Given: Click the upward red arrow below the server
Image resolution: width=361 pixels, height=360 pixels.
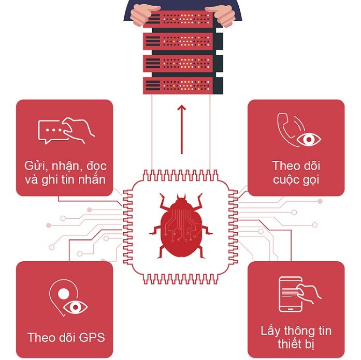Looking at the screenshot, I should coord(181,129).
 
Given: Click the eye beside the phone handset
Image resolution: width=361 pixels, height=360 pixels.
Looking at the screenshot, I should coord(309,139).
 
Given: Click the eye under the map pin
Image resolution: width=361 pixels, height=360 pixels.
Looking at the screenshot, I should coord(76,307).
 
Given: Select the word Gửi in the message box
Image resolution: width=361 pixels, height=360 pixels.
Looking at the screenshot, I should coord(35,167).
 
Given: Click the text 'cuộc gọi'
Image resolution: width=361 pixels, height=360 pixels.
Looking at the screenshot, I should coord(296,179).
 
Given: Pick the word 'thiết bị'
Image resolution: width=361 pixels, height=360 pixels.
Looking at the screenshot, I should coord(296,344).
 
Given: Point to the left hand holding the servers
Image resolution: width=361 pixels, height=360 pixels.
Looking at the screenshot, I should coord(142,13).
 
